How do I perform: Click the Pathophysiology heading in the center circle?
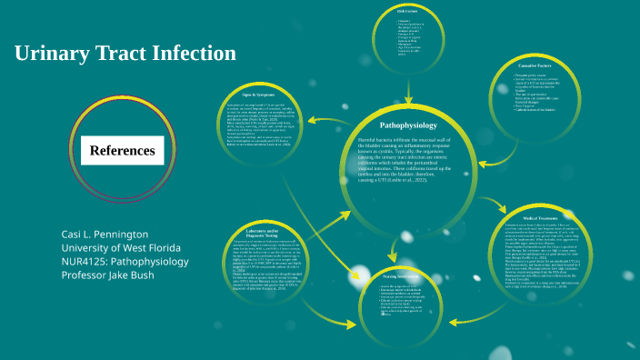(x=408, y=125)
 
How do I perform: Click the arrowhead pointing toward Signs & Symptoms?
(x=313, y=118)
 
